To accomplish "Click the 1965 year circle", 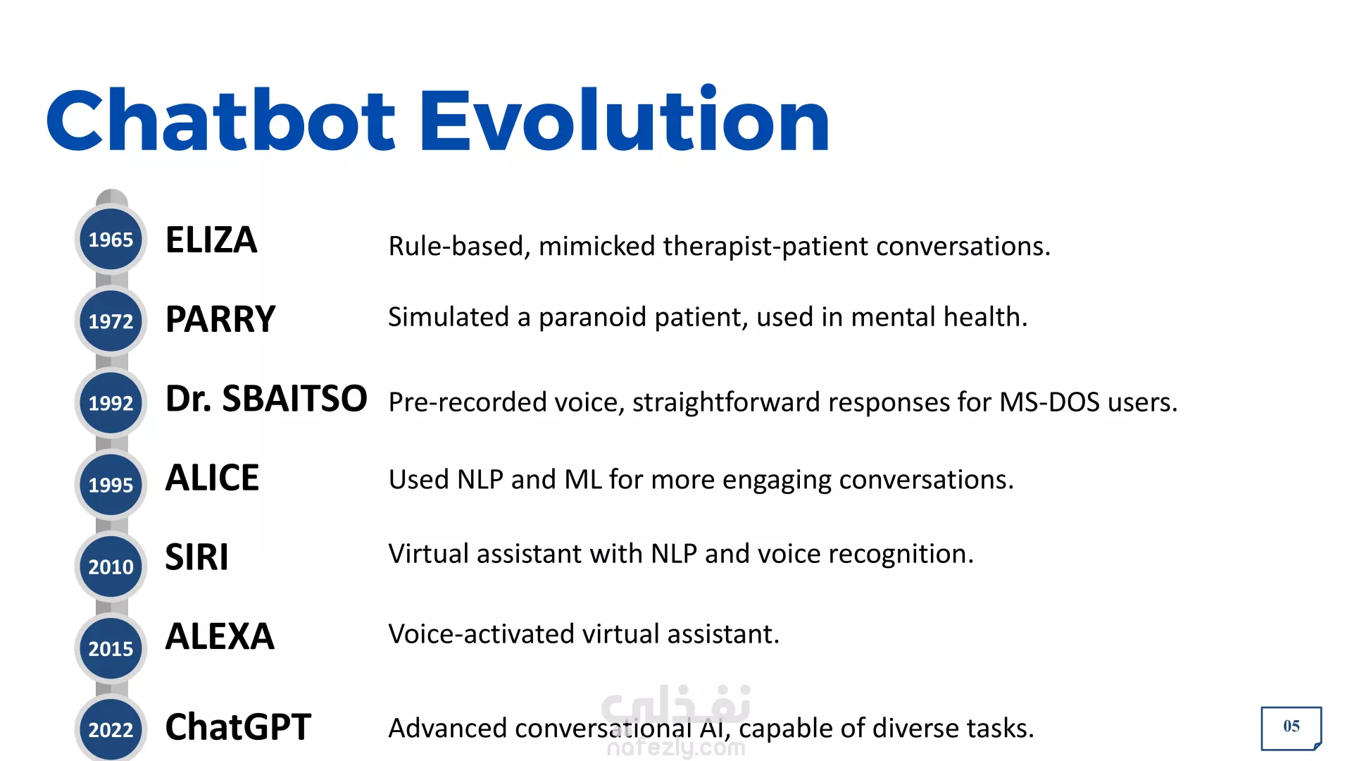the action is pyautogui.click(x=111, y=240).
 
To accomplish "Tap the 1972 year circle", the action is pyautogui.click(x=111, y=321).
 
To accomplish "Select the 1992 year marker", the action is pyautogui.click(x=111, y=403).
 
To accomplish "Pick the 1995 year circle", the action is pyautogui.click(x=111, y=485).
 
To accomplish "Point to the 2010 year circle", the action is pyautogui.click(x=111, y=567).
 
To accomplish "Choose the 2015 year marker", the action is pyautogui.click(x=111, y=648).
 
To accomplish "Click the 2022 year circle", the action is pyautogui.click(x=111, y=729).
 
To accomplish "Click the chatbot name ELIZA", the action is pyautogui.click(x=211, y=240).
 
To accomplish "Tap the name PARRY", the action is pyautogui.click(x=220, y=319).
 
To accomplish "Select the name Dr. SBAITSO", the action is pyautogui.click(x=266, y=399).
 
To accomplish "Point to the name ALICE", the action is pyautogui.click(x=212, y=478).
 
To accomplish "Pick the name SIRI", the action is pyautogui.click(x=196, y=557).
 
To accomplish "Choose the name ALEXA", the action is pyautogui.click(x=220, y=636).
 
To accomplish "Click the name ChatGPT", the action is pyautogui.click(x=238, y=727).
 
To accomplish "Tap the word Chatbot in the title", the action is pyautogui.click(x=221, y=120).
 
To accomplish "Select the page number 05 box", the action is pyautogui.click(x=1291, y=728).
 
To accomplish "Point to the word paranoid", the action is pyautogui.click(x=592, y=318).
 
